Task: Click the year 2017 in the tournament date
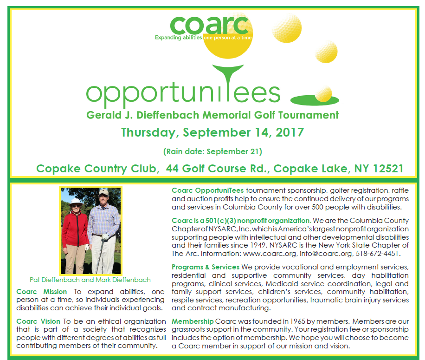tap(287, 132)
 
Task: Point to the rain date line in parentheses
tap(212, 152)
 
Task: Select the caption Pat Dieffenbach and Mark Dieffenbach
tap(91, 280)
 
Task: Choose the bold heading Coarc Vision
tap(38, 321)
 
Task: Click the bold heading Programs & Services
tap(205, 267)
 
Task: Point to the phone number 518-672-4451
tap(378, 254)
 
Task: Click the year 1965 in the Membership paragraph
tap(277, 321)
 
